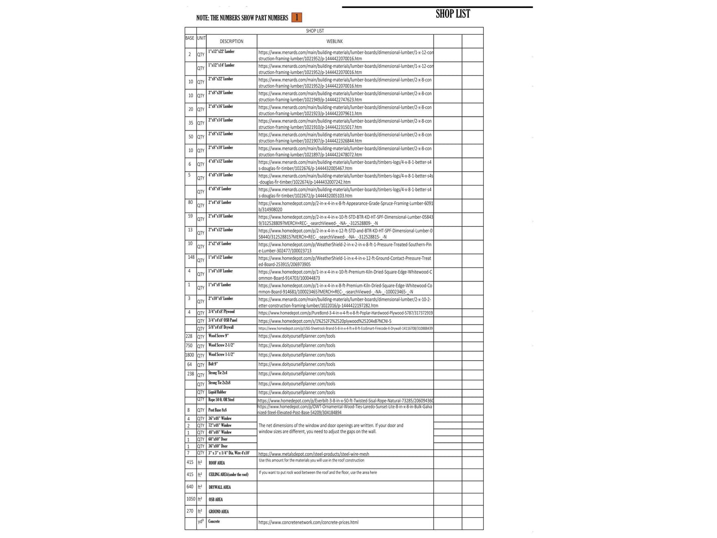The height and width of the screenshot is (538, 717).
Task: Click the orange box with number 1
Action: [x=296, y=17]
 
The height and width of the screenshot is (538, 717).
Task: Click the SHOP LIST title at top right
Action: [x=453, y=14]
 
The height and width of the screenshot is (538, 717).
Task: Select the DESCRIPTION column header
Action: [x=231, y=41]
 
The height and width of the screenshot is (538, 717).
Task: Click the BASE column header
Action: [x=190, y=38]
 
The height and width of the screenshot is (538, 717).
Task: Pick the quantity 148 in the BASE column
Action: [x=191, y=257]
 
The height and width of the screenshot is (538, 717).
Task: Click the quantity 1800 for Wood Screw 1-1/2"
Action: [x=190, y=355]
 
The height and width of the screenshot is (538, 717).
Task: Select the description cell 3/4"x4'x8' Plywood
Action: [x=221, y=312]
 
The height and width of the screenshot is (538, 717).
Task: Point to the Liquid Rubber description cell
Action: [x=217, y=392]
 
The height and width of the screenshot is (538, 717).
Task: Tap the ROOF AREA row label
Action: [x=217, y=463]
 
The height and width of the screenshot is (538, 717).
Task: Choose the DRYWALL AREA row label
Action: [x=219, y=487]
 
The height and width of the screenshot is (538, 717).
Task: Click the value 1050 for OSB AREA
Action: [x=190, y=499]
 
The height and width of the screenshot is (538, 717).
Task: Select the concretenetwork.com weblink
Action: [x=308, y=522]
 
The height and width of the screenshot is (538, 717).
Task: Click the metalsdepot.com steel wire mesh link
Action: [x=314, y=454]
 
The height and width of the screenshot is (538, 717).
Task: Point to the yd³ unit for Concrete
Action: [x=201, y=522]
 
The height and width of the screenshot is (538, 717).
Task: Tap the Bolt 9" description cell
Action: [x=213, y=364]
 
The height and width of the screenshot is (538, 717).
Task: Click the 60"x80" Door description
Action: [x=218, y=439]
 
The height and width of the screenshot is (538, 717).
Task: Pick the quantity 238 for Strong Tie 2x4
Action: [x=191, y=374]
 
